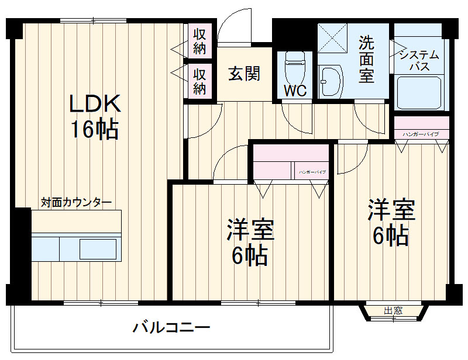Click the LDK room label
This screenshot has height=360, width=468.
(x=95, y=104)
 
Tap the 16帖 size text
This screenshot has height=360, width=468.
(x=95, y=129)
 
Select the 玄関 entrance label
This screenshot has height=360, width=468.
(x=244, y=74)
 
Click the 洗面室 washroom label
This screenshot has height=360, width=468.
(x=367, y=60)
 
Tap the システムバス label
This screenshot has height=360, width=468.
(x=419, y=60)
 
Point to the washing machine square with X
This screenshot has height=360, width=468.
(x=332, y=40)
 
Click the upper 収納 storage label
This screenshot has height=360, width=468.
(x=199, y=40)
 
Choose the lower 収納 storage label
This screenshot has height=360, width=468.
(x=199, y=81)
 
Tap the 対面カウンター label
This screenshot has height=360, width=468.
(x=76, y=203)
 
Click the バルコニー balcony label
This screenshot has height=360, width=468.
(x=171, y=327)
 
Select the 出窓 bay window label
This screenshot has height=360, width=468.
(x=393, y=311)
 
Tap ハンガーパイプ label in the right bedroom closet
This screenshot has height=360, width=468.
(x=421, y=134)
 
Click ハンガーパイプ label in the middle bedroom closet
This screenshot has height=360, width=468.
(x=312, y=173)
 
